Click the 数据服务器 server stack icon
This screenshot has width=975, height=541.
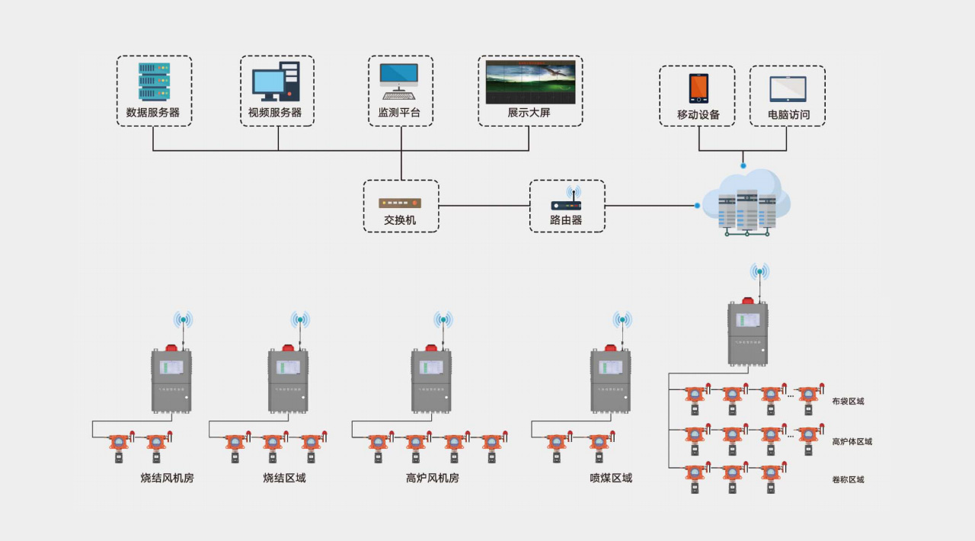pos(154,82)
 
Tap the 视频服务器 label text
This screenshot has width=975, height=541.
pos(275,113)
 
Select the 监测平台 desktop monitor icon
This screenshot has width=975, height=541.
pos(399,81)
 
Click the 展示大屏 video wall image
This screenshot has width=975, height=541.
pos(530,82)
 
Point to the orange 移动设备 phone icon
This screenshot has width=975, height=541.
pos(698,88)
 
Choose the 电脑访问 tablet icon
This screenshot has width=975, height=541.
pos(788,89)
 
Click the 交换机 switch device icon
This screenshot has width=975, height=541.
pos(400,203)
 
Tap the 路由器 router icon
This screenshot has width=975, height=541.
pos(566,201)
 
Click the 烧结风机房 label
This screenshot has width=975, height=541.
pos(167,479)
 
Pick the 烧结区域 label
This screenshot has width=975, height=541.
pos(284,479)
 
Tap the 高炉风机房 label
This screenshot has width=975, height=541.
pos(433,479)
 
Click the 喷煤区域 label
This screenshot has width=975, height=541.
pos(611,479)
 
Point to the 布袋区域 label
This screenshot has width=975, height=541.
pos(848,402)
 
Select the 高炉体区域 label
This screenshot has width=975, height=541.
pos(852,442)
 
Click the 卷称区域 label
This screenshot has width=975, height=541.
pos(848,480)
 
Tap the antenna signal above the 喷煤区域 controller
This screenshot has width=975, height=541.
pos(622,320)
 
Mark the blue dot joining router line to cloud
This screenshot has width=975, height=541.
pos(697,205)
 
